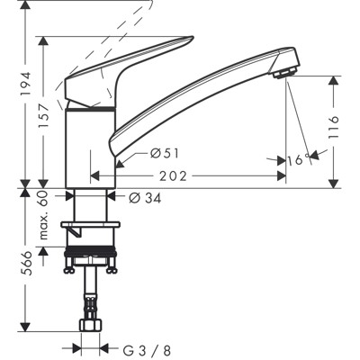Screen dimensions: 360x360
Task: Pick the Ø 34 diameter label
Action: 145,197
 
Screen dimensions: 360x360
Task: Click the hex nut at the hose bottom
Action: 90,325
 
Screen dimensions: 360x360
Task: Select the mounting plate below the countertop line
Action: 90,226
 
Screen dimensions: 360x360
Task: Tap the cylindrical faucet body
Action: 90,144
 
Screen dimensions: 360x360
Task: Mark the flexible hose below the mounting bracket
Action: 90,292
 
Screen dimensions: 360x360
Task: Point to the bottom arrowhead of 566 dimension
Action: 24,329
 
